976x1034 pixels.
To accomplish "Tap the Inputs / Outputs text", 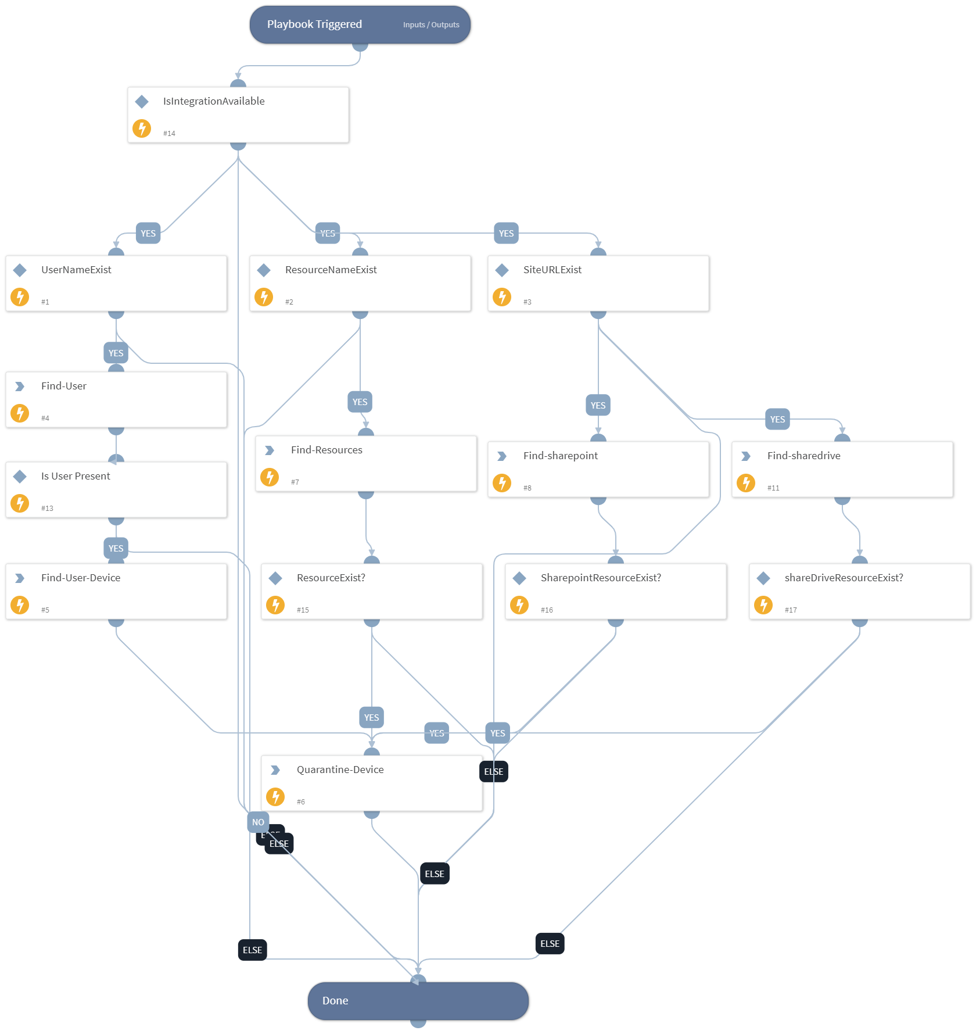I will click(x=431, y=25).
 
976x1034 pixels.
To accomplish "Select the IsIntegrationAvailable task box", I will click(x=238, y=115).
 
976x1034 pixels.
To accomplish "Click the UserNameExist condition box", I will click(x=116, y=284).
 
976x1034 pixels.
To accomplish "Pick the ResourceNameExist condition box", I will click(x=360, y=284).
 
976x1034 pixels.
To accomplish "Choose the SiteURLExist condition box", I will click(x=598, y=284).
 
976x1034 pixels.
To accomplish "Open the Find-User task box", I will click(x=116, y=400).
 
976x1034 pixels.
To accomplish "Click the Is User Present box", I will click(x=116, y=490).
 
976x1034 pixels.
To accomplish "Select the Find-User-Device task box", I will click(x=116, y=592).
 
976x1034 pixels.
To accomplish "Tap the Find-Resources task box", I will click(x=366, y=464).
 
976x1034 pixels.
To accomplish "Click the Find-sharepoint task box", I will click(x=598, y=470).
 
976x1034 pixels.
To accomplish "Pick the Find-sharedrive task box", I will click(x=842, y=470).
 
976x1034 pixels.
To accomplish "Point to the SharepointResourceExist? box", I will click(x=616, y=592).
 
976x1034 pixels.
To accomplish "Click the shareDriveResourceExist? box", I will click(x=860, y=592).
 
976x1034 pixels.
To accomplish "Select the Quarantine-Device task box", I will click(x=372, y=783).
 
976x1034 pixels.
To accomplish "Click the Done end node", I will click(x=418, y=1001).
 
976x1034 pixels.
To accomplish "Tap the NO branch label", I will click(x=258, y=822).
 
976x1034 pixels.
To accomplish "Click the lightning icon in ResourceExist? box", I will click(x=275, y=605).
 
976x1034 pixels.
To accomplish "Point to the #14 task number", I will click(x=169, y=134).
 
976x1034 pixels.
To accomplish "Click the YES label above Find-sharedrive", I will click(x=777, y=419).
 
